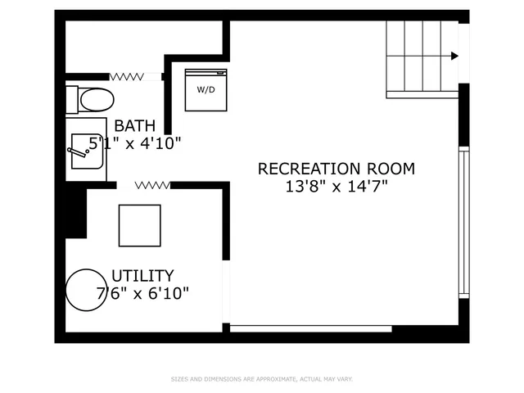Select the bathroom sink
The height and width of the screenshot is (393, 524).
(x=88, y=150)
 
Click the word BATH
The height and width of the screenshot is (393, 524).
(x=134, y=126)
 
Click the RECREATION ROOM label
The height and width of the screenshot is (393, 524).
(x=336, y=169)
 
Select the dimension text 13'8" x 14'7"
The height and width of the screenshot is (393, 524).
(x=336, y=186)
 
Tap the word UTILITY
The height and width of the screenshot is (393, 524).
(x=142, y=276)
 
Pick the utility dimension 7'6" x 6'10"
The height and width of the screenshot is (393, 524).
(x=142, y=292)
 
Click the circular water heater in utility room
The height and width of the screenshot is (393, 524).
(x=86, y=290)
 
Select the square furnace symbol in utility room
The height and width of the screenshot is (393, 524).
(x=139, y=225)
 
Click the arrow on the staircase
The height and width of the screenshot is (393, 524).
(x=453, y=56)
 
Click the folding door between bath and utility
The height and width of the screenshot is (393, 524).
(x=152, y=185)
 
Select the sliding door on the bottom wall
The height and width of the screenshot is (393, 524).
(x=310, y=328)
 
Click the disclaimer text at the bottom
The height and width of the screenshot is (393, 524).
(x=261, y=379)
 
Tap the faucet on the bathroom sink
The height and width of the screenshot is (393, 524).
(x=79, y=151)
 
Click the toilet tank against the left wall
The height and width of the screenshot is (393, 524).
(x=72, y=100)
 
